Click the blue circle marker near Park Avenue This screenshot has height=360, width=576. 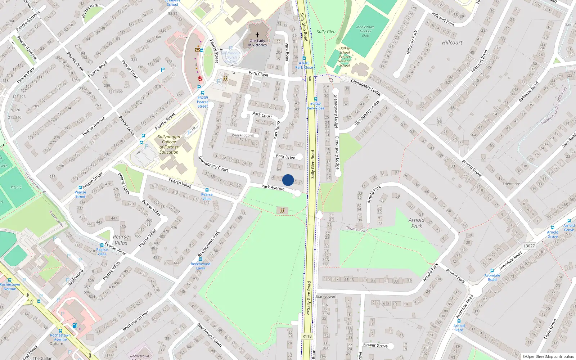pos(288,180)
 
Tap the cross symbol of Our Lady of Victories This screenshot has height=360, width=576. pos(257,35)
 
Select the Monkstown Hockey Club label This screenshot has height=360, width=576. pos(365,31)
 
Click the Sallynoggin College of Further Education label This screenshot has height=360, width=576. pos(169,144)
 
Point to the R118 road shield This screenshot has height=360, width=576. pos(307,336)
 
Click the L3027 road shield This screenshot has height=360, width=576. pos(529,246)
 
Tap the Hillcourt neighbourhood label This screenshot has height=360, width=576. pos(452,42)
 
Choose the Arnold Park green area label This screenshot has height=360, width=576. pos(417,223)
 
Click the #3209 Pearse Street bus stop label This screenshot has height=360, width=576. pos(203,102)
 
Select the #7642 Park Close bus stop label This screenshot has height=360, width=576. pos(315,106)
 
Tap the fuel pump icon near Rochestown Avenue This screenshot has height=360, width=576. pos(75,325)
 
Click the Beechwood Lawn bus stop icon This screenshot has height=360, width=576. pos(201,259)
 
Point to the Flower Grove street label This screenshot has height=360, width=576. pos(375,345)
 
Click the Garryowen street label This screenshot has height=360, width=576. pos(326,297)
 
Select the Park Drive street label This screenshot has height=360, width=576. pos(285,157)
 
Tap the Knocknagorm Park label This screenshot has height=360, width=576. pos(243,137)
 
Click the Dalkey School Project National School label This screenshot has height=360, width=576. pos(345,57)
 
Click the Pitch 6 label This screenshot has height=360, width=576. pos(16,187)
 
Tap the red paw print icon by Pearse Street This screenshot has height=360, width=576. pos(200,78)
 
